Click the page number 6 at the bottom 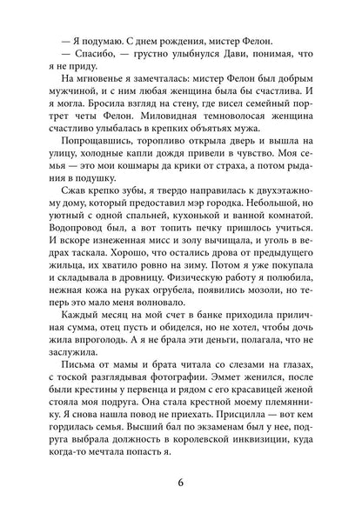180,474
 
